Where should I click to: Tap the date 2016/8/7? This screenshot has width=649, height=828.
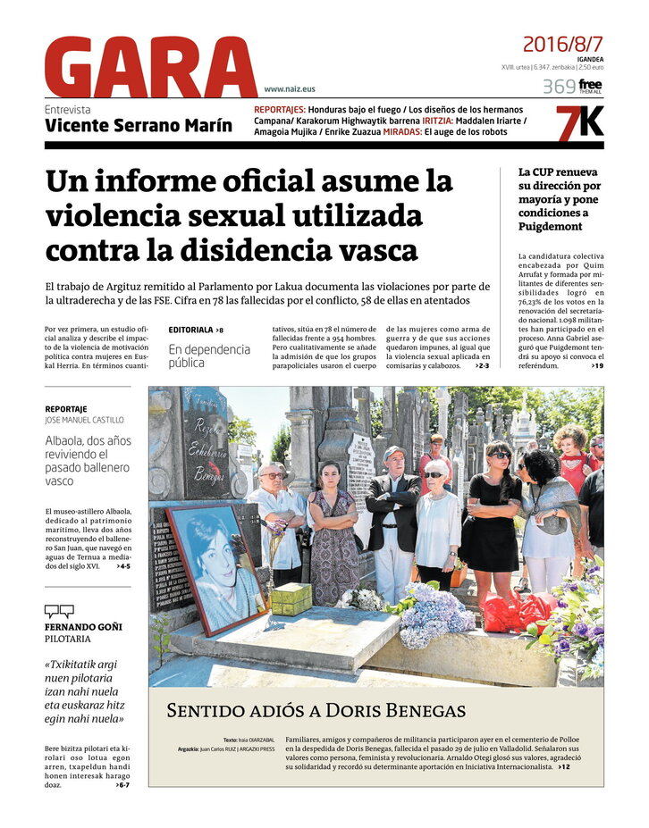click(x=562, y=44)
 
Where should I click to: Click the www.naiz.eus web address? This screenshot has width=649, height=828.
click(x=290, y=89)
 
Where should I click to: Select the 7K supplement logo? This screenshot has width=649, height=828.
click(x=579, y=122)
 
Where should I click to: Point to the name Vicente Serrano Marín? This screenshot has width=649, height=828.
click(x=139, y=126)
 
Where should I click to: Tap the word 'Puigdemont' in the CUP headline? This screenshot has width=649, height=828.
click(x=550, y=226)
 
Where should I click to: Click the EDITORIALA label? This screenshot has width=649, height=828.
click(x=190, y=330)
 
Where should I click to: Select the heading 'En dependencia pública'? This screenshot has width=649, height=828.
click(x=209, y=355)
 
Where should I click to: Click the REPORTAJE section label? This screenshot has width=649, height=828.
click(x=66, y=408)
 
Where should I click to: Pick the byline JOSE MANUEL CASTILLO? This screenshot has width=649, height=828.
click(x=84, y=420)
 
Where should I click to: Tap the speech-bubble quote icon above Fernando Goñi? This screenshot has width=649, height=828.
click(x=59, y=611)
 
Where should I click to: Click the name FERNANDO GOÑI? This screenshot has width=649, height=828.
click(x=83, y=626)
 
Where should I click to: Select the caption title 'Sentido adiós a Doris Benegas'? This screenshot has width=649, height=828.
click(x=316, y=711)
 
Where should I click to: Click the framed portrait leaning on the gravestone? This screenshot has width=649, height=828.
click(x=217, y=567)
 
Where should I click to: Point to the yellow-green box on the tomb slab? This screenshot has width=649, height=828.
click(x=291, y=598)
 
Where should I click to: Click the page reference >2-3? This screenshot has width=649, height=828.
click(x=482, y=365)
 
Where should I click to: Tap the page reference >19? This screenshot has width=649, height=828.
click(x=596, y=365)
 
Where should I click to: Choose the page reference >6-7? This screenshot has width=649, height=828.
click(x=122, y=784)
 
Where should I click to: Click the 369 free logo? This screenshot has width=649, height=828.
click(x=572, y=87)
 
